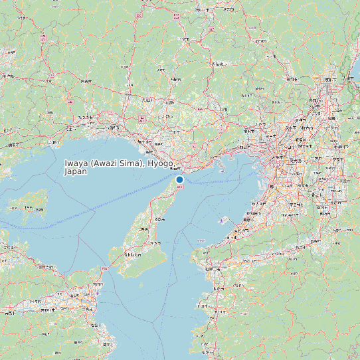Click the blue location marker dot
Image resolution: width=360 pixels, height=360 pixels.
pos(179,179)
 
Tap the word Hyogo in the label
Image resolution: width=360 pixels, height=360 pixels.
pos(161,163)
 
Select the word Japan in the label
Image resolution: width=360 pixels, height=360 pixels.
pos(76,171)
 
